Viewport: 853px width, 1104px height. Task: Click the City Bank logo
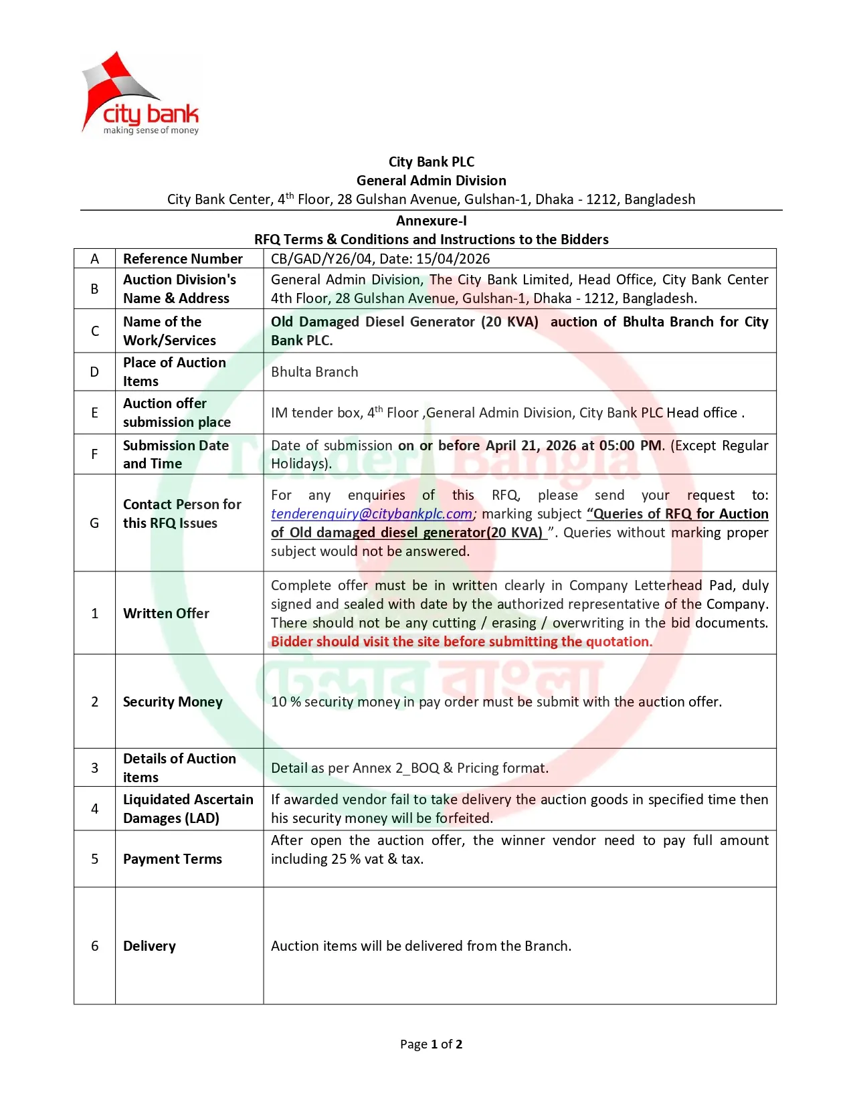[x=140, y=94]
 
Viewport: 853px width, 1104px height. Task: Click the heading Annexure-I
[x=431, y=221]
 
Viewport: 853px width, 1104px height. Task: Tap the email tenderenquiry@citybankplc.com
[x=372, y=514]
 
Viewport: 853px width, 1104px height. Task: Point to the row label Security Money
[x=173, y=702]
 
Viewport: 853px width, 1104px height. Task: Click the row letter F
[x=94, y=454]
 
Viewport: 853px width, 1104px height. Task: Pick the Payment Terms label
[x=173, y=859]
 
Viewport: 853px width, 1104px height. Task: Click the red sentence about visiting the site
[x=461, y=642]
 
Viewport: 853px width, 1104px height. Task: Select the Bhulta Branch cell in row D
[x=314, y=372]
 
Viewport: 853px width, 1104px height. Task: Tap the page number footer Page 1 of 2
[x=431, y=1044]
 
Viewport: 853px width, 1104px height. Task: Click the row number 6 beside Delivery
[x=94, y=946]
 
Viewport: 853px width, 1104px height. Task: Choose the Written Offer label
[x=166, y=614]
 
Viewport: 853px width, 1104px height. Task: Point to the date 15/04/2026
[x=453, y=259]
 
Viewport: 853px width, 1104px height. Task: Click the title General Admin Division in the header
[x=431, y=181]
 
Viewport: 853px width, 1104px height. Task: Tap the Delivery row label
[x=149, y=946]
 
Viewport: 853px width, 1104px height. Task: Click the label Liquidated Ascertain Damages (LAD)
[x=188, y=809]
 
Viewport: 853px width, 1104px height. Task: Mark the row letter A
[x=94, y=259]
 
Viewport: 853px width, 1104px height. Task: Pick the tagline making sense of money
[x=151, y=130]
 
